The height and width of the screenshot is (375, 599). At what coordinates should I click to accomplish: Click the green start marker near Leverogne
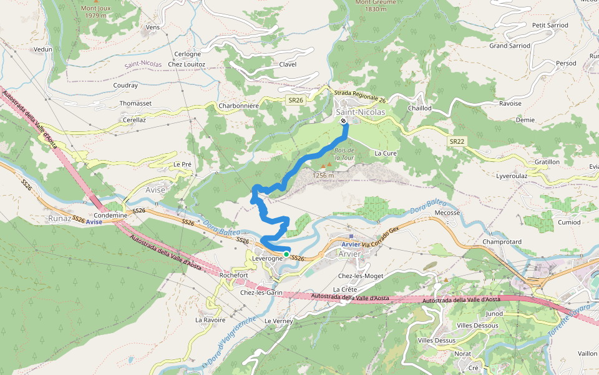tap(286, 254)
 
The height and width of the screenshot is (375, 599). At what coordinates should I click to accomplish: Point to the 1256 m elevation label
tap(323, 175)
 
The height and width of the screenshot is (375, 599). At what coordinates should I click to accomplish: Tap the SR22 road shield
tap(457, 142)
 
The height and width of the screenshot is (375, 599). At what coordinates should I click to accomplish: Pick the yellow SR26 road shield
tap(296, 100)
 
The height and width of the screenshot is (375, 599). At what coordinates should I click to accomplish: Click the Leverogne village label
tap(268, 259)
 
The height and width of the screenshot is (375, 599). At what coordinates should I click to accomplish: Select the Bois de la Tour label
tap(344, 154)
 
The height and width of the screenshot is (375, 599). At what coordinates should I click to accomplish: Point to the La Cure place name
tap(386, 153)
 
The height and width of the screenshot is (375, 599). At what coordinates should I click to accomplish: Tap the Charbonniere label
tap(238, 106)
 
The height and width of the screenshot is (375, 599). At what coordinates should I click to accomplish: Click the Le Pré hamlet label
tap(182, 164)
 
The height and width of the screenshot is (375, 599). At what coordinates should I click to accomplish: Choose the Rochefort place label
tap(234, 275)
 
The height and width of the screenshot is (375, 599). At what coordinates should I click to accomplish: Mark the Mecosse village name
tap(447, 212)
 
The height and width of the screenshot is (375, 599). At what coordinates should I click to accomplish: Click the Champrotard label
tap(501, 242)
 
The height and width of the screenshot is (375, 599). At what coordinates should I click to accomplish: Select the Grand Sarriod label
tap(510, 46)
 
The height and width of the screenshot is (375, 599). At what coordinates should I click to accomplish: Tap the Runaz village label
tap(60, 219)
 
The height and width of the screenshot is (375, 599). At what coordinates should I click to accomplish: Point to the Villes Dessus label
tap(436, 340)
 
